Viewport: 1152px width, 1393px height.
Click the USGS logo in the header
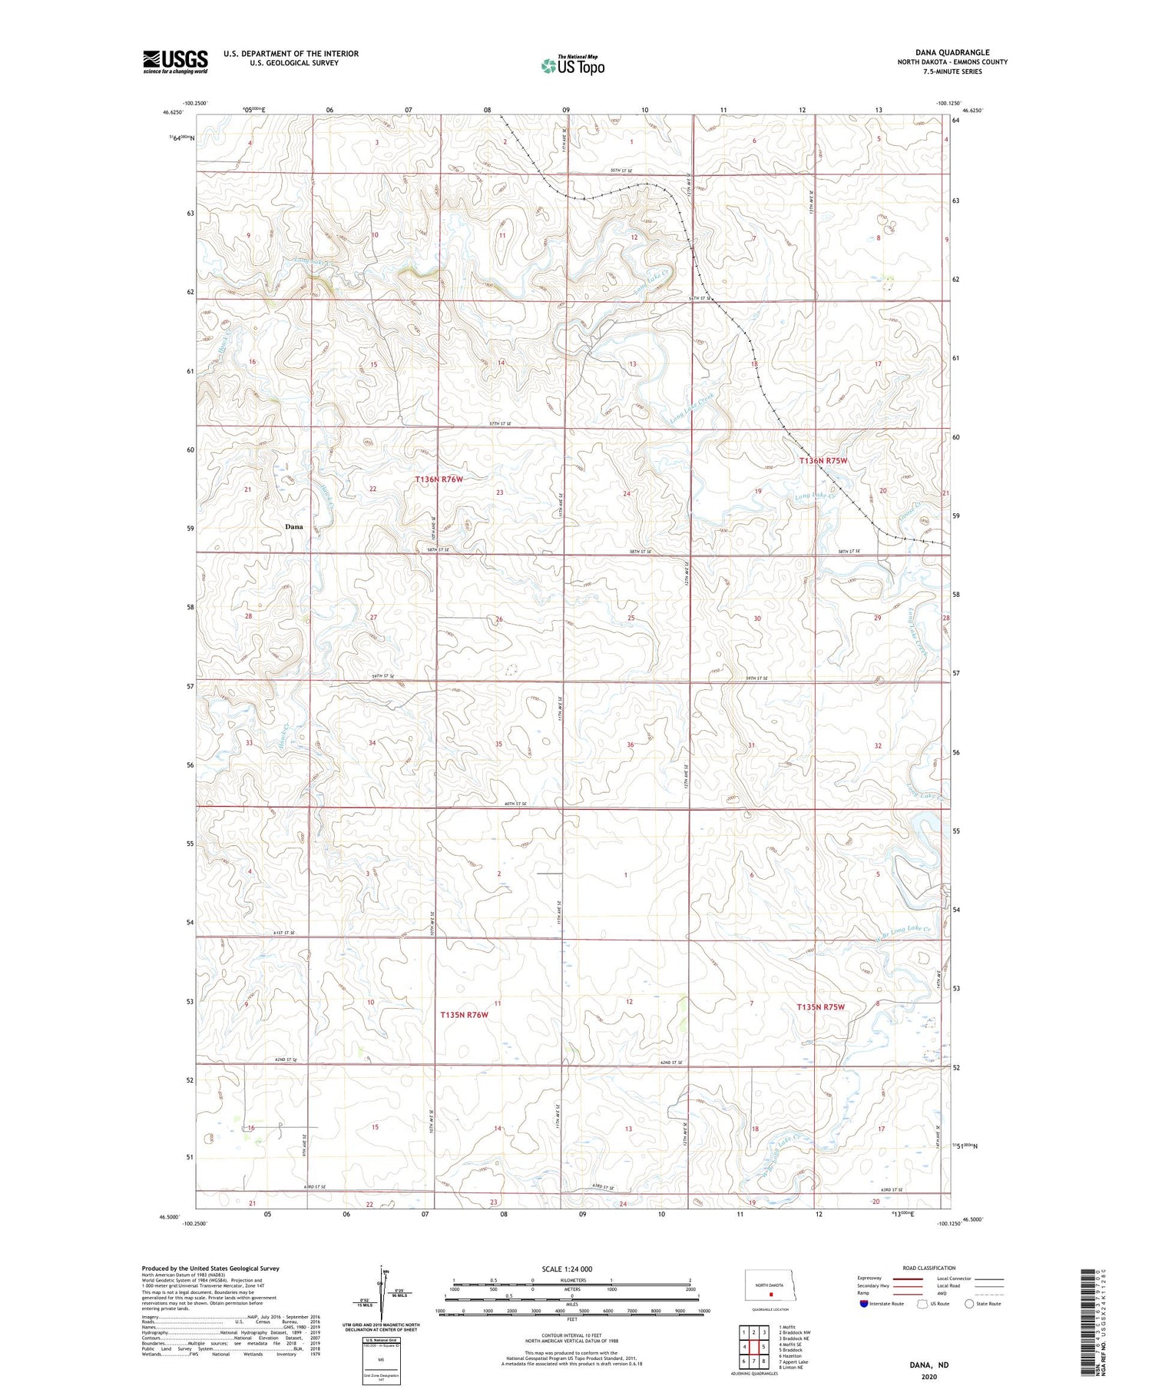click(x=175, y=61)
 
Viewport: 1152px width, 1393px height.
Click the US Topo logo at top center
click(x=572, y=66)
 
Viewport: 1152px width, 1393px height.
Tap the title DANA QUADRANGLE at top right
click(x=947, y=52)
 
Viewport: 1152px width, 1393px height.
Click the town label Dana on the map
click(x=293, y=527)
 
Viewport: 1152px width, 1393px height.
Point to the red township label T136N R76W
click(x=439, y=479)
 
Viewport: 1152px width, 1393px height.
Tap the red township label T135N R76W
click(x=464, y=1015)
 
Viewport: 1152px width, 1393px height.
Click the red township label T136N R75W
click(x=823, y=461)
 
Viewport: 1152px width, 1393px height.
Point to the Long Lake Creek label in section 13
click(x=691, y=408)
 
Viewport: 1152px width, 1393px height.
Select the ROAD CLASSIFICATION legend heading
click(x=929, y=1268)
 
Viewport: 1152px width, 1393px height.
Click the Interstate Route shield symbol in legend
click(x=865, y=1304)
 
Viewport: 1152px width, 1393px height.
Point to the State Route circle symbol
click(x=970, y=1304)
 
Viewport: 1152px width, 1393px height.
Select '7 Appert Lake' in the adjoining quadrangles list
click(x=793, y=1361)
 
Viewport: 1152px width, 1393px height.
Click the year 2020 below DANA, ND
click(x=929, y=1377)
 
